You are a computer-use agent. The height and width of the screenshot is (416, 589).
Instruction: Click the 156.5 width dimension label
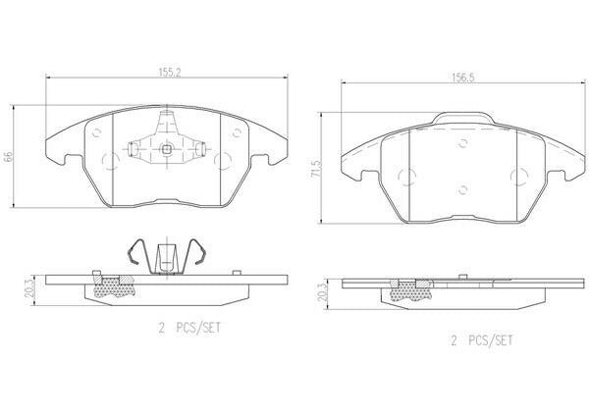tap(463, 78)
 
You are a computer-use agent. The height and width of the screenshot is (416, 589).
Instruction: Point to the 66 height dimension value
tap(8, 157)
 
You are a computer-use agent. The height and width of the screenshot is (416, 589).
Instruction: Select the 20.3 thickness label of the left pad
tap(28, 288)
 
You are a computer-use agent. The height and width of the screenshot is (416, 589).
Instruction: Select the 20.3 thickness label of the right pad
tap(322, 291)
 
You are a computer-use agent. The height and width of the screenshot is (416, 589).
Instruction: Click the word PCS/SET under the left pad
tap(198, 329)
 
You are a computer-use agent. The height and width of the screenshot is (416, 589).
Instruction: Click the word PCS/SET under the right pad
tap(491, 340)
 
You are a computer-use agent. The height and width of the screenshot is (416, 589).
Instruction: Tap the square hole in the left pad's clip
tap(166, 150)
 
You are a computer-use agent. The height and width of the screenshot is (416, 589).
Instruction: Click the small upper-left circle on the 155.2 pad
tap(97, 132)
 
